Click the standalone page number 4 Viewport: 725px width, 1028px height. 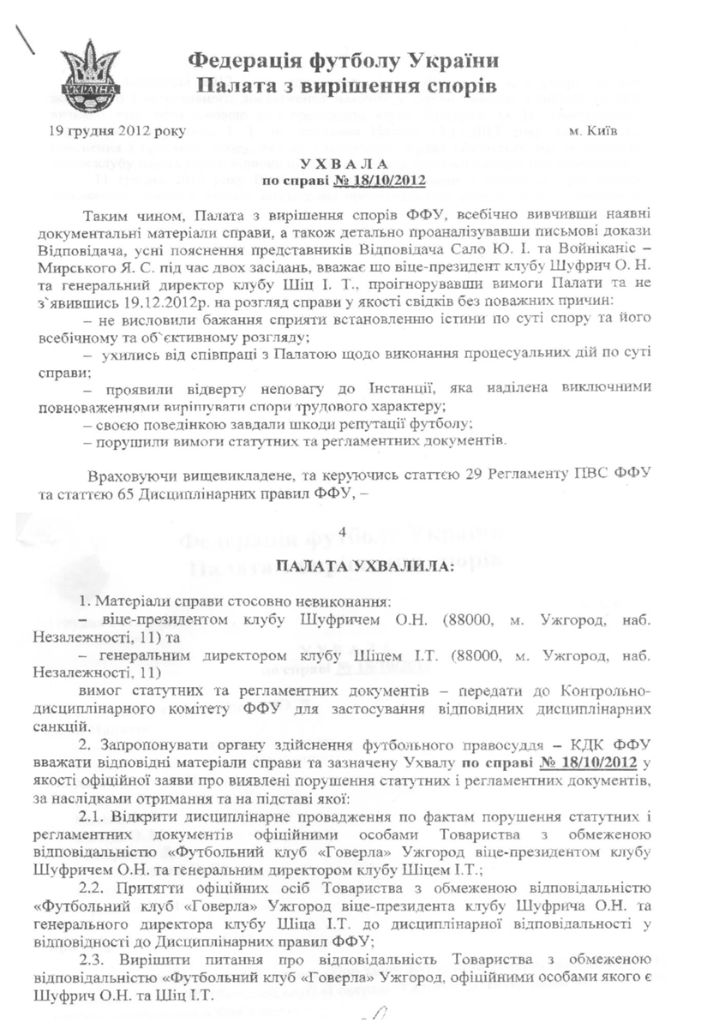coord(343,533)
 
